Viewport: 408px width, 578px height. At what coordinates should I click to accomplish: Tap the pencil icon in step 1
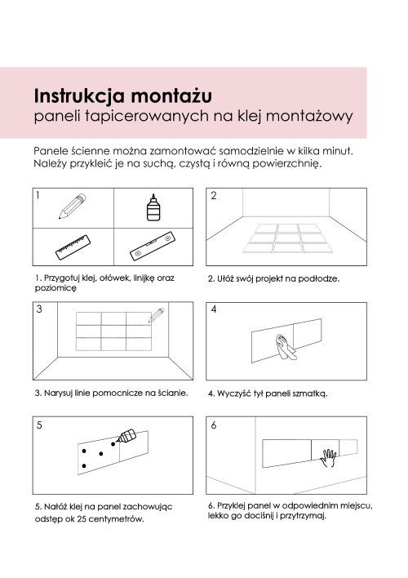[x=71, y=207]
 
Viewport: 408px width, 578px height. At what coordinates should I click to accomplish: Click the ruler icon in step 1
[x=71, y=247]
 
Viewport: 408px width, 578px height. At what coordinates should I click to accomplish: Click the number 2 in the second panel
[x=214, y=196]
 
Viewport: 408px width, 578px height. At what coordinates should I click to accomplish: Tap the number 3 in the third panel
[x=39, y=309]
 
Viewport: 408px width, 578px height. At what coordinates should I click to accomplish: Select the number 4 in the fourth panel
[x=214, y=310]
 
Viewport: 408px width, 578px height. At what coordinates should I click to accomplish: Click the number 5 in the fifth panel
[x=39, y=425]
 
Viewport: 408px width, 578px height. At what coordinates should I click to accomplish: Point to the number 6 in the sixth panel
[x=214, y=425]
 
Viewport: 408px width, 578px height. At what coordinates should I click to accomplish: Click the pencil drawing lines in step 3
[x=157, y=313]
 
